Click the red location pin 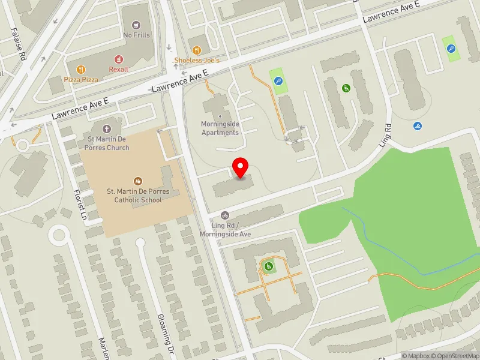tap(241, 167)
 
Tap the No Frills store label tap(137, 35)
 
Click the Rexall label tap(119, 69)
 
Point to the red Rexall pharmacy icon tap(119, 59)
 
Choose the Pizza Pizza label tap(81, 79)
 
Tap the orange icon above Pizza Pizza tap(82, 69)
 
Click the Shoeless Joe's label tap(197, 61)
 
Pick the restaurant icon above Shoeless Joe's tap(197, 49)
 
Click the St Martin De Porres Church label tap(107, 143)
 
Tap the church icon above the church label tap(107, 128)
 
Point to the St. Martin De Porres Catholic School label tap(138, 196)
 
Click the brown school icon tap(138, 181)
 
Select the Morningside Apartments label tap(220, 128)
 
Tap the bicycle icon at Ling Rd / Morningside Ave tap(225, 215)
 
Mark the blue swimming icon tap(418, 126)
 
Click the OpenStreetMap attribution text tap(456, 355)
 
